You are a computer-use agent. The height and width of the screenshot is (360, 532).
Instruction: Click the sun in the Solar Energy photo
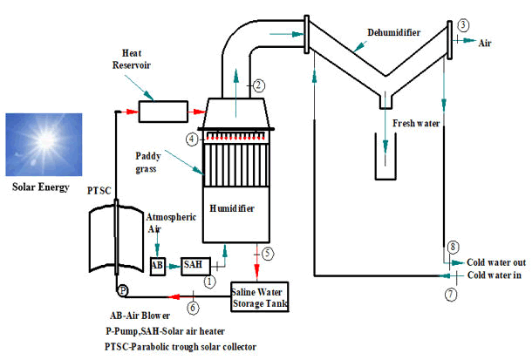click(x=44, y=139)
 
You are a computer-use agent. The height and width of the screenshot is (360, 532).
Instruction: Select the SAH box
click(x=195, y=266)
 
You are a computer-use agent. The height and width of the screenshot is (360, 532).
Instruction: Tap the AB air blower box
click(x=158, y=266)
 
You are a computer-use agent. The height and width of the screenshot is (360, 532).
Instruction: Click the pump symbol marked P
click(x=123, y=291)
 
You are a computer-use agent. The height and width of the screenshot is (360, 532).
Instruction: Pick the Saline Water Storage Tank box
click(x=260, y=297)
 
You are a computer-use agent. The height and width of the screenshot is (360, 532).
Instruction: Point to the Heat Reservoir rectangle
click(x=163, y=112)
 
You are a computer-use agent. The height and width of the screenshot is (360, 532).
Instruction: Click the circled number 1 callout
click(x=209, y=282)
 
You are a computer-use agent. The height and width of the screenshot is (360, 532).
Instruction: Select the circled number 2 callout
click(x=259, y=85)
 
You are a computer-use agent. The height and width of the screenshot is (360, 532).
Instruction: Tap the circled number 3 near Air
click(x=463, y=25)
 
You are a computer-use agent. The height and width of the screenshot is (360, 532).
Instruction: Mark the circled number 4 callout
click(x=192, y=139)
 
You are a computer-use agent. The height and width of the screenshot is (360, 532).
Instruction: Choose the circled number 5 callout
click(x=268, y=254)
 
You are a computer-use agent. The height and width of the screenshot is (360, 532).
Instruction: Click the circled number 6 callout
click(x=193, y=308)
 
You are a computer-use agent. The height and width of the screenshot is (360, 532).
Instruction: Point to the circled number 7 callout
click(x=451, y=294)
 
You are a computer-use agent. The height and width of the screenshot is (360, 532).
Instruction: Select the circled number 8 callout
click(x=454, y=247)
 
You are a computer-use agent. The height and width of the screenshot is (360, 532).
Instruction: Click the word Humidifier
click(x=232, y=208)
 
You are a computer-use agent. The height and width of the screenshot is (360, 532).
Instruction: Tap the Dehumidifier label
click(x=394, y=32)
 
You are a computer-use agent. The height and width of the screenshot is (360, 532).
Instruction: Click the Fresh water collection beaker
click(x=385, y=157)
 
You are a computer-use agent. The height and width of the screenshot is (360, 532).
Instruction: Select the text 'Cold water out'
click(x=496, y=262)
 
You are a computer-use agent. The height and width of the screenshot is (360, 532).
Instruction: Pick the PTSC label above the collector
click(x=99, y=191)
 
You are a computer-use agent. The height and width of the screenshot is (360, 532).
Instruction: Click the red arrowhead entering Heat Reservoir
click(x=133, y=112)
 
